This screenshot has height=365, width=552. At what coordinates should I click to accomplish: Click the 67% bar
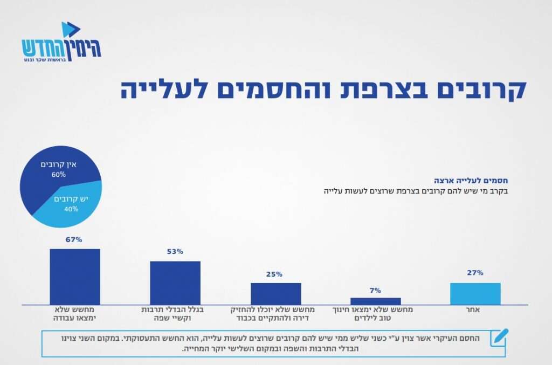coord(75,277)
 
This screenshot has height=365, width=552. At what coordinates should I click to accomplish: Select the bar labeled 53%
coord(175,283)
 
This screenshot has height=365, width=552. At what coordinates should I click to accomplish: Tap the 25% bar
coord(275,294)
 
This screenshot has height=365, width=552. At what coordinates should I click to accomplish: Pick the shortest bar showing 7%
coord(376,301)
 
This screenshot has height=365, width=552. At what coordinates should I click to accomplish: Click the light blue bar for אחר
coord(475,294)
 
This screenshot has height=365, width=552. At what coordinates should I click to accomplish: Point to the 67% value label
coord(74,240)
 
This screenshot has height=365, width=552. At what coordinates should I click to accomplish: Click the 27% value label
coord(475,273)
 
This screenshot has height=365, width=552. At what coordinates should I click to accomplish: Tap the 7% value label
coord(375,291)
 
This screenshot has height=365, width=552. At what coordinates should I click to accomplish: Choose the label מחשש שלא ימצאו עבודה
coord(75,314)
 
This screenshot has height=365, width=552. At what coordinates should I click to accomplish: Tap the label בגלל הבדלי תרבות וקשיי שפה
coord(175,314)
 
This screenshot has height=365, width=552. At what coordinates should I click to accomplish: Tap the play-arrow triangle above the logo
coord(70,29)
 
